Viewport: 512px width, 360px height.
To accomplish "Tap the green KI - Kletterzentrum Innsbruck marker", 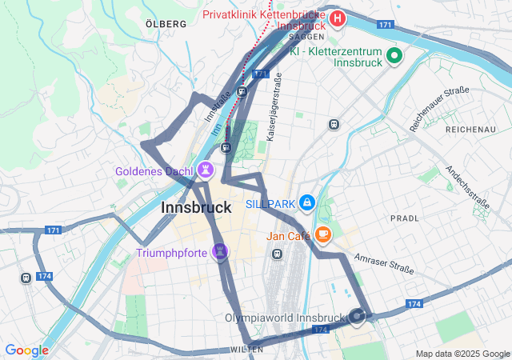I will click(394, 56).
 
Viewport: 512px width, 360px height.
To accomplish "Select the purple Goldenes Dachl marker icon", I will click(207, 170).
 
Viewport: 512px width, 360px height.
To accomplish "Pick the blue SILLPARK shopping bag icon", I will click(307, 204).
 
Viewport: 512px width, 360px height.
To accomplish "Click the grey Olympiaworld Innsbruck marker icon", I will click(357, 317).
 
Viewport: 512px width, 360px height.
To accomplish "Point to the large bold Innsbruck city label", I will click(196, 207).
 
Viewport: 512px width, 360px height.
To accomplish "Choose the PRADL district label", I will click(404, 218).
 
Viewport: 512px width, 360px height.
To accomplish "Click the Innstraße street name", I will click(217, 106).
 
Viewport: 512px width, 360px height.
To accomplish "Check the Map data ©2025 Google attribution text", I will click(462, 354).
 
